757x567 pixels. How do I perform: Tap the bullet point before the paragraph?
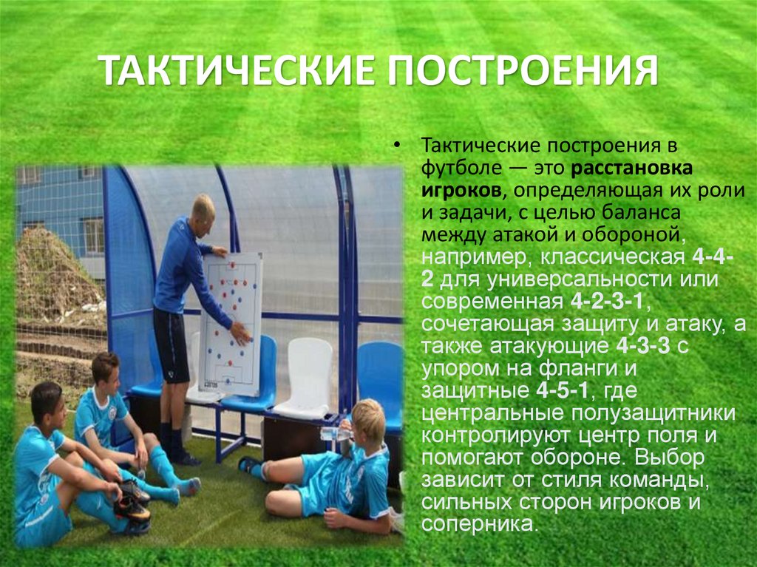398,144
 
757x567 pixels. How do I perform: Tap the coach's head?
202,208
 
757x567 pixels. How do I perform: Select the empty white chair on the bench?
305,376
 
